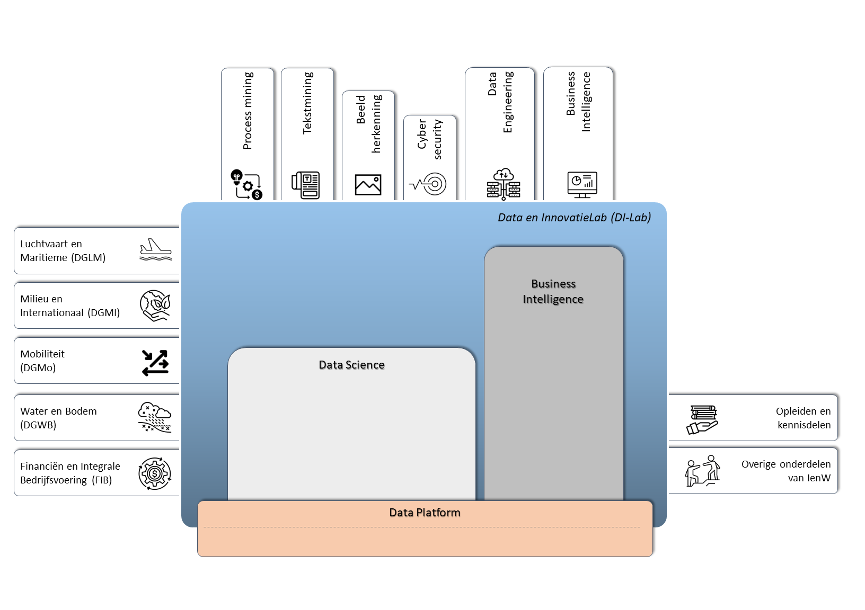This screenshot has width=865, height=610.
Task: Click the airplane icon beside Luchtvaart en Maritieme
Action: pyautogui.click(x=155, y=249)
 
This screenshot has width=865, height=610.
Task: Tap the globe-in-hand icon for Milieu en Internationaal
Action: pyautogui.click(x=155, y=306)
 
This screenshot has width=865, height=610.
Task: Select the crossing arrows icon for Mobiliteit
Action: pyautogui.click(x=155, y=363)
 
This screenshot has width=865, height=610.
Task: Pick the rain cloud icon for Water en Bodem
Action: pyautogui.click(x=154, y=417)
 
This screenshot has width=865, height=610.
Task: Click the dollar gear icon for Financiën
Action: pyautogui.click(x=155, y=473)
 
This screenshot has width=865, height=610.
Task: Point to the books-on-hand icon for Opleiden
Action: pyautogui.click(x=703, y=419)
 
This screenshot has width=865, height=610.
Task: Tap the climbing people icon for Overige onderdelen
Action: pyautogui.click(x=703, y=471)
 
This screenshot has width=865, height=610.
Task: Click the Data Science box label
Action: pyautogui.click(x=351, y=365)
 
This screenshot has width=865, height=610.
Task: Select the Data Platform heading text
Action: pyautogui.click(x=425, y=513)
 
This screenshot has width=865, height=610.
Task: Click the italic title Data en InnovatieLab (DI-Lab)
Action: pyautogui.click(x=574, y=218)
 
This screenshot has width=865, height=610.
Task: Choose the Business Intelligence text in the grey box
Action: pyautogui.click(x=553, y=291)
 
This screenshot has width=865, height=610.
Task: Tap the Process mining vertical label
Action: pyautogui.click(x=248, y=111)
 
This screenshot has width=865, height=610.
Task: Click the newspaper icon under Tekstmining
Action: pyautogui.click(x=306, y=185)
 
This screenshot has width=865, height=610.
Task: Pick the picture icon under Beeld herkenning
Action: pyautogui.click(x=368, y=185)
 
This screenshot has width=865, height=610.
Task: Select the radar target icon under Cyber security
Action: pyautogui.click(x=429, y=184)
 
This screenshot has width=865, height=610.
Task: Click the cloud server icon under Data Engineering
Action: pyautogui.click(x=504, y=184)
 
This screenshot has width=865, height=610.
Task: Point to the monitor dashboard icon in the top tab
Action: pyautogui.click(x=582, y=184)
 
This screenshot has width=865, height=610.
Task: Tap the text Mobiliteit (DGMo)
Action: pyautogui.click(x=42, y=361)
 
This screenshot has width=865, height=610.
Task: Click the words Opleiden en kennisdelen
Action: pyautogui.click(x=803, y=418)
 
